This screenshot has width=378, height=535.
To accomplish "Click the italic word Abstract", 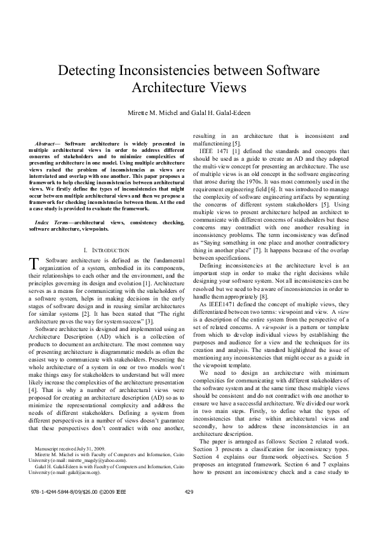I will tap(46, 144).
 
